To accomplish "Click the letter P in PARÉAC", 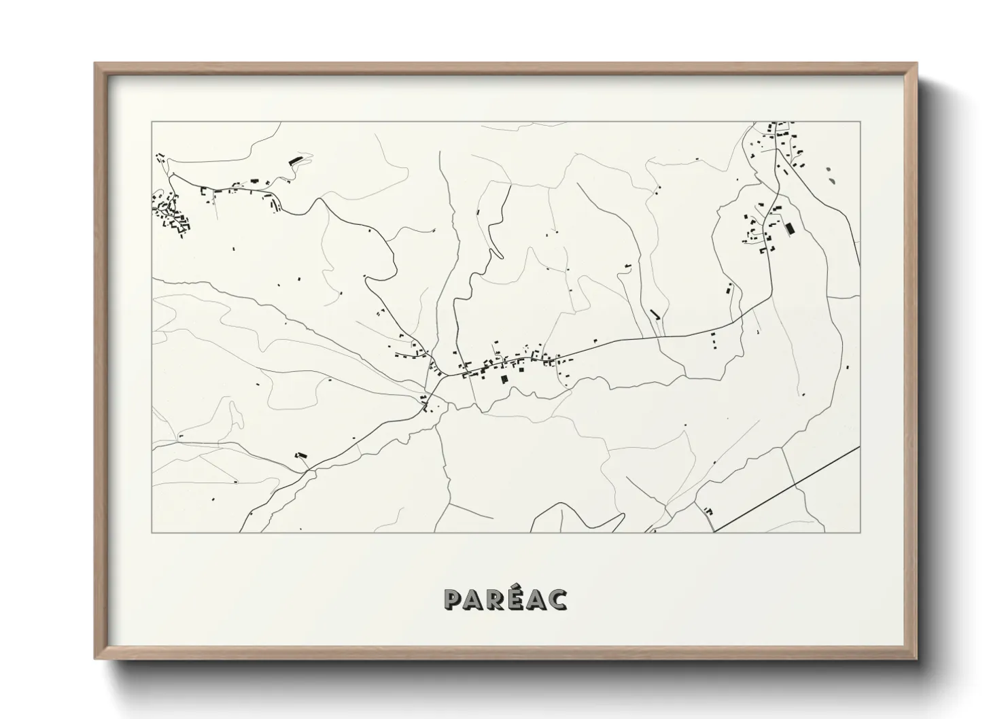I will (453, 600).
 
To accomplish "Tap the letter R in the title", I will (498, 600).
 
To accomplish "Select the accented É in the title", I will (518, 599).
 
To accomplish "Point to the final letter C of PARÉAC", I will (558, 600).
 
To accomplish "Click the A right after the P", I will (475, 600).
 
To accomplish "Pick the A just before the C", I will (537, 600).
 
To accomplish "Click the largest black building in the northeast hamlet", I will (789, 229).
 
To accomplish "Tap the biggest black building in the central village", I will (504, 379).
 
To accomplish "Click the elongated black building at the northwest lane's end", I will (296, 160).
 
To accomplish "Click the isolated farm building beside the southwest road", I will (300, 455).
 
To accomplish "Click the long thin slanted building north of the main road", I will (655, 314).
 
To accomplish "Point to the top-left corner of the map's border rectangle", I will (152, 122).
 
